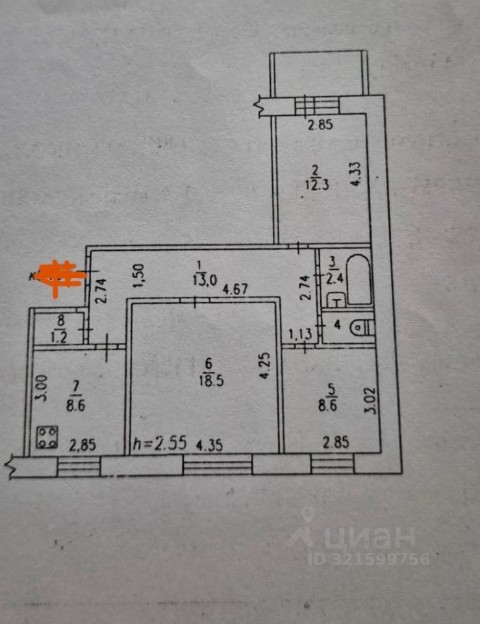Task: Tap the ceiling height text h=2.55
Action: tap(159, 444)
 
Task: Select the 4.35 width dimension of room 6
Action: tap(207, 445)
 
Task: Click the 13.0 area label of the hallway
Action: tap(204, 281)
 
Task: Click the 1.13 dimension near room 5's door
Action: tap(300, 335)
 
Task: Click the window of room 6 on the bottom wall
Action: tap(217, 465)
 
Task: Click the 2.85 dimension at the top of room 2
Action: tap(320, 125)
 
